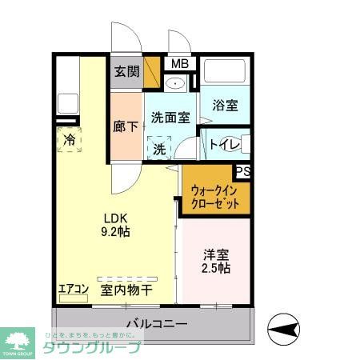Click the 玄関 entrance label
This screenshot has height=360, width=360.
126,71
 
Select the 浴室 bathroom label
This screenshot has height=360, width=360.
225,105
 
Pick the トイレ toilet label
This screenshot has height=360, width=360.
222,144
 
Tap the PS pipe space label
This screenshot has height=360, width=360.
241,171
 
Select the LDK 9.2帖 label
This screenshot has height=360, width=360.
114,224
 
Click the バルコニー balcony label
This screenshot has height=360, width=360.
157,324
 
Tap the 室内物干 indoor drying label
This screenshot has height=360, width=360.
126,290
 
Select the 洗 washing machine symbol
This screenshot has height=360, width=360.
159,148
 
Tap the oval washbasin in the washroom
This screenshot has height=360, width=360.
177,82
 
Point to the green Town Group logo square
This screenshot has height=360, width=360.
18,340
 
